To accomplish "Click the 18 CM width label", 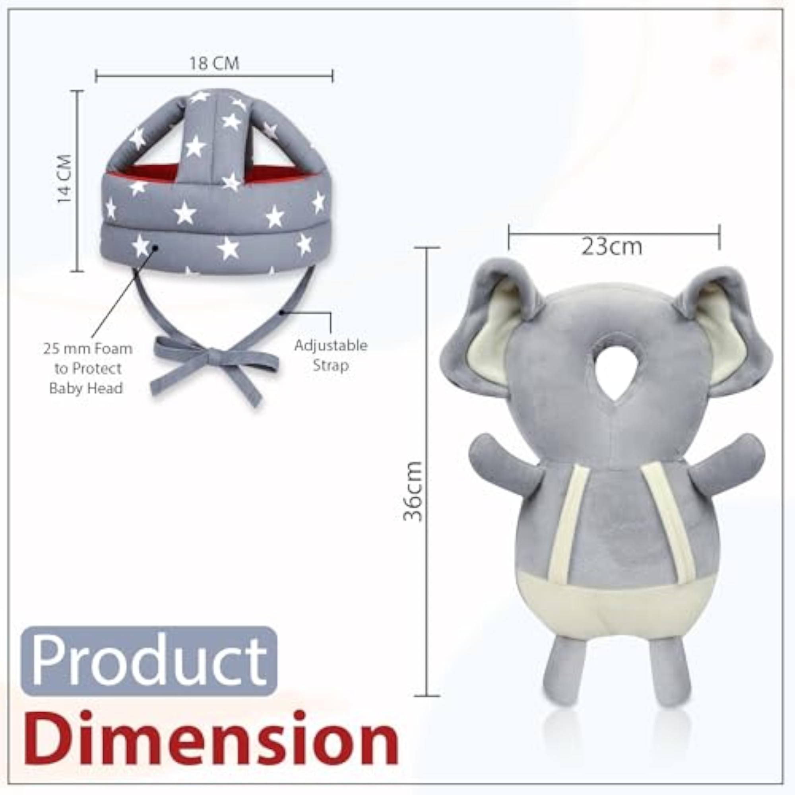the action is click(214, 64).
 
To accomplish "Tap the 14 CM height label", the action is click(65, 178).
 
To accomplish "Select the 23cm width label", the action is click(611, 246).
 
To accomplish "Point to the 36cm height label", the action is click(413, 491).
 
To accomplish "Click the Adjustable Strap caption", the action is click(331, 355).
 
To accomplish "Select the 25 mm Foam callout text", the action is click(87, 368).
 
